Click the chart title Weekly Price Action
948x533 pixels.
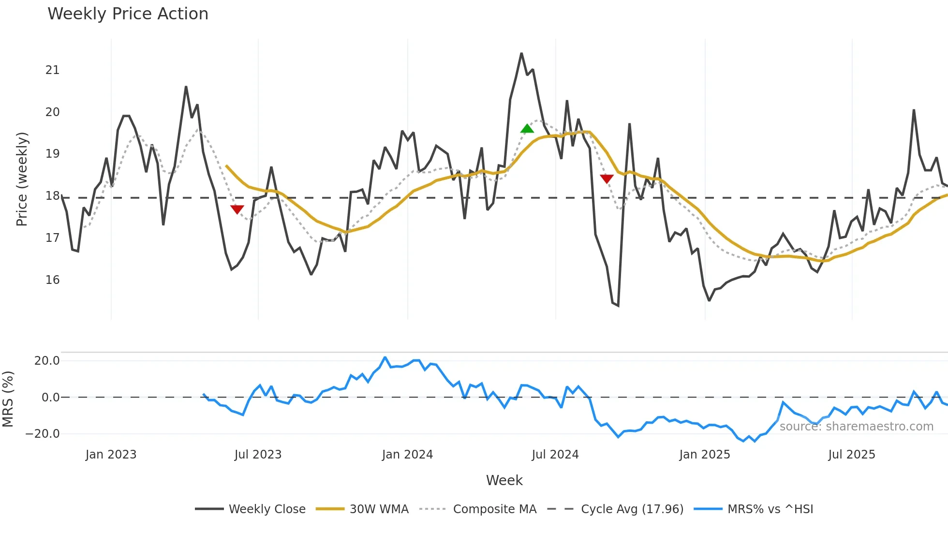pyautogui.click(x=128, y=14)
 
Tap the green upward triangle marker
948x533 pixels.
pyautogui.click(x=527, y=129)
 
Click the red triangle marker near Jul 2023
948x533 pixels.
pyautogui.click(x=237, y=209)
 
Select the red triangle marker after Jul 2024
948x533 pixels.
pyautogui.click(x=607, y=179)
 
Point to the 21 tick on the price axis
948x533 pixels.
pyautogui.click(x=53, y=70)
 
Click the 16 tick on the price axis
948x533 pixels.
pyautogui.click(x=53, y=280)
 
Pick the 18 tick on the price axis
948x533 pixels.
pyautogui.click(x=53, y=196)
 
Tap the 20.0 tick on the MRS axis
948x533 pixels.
pyautogui.click(x=47, y=361)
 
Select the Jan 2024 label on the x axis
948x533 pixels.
pyautogui.click(x=407, y=455)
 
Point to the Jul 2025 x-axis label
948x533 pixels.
pyautogui.click(x=851, y=455)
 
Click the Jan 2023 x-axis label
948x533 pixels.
pyautogui.click(x=111, y=455)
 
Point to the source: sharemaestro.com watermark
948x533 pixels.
pyautogui.click(x=856, y=427)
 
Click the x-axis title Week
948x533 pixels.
pyautogui.click(x=504, y=480)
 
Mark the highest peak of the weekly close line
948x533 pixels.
pyautogui.click(x=521, y=53)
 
